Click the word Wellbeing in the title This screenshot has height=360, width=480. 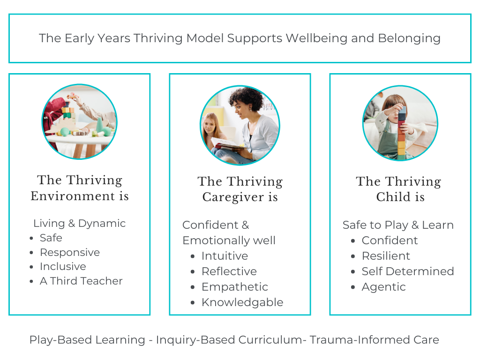tap(316, 38)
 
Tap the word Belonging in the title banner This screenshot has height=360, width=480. tap(409, 38)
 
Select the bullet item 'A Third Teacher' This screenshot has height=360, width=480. tap(81, 281)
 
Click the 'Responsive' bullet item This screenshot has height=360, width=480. tap(70, 253)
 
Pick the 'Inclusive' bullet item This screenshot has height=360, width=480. tap(63, 266)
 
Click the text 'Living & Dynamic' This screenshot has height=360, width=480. tap(79, 224)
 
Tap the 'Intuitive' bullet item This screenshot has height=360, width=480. tap(225, 255)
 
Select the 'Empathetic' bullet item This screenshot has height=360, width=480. tap(234, 287)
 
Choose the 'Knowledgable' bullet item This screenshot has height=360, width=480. tap(242, 302)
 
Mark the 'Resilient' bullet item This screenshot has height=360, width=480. tap(386, 255)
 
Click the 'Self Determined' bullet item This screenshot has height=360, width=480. tap(408, 271)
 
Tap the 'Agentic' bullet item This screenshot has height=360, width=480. tap(383, 287)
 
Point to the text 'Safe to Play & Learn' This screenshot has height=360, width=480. tap(398, 225)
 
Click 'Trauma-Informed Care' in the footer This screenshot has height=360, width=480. tap(374, 340)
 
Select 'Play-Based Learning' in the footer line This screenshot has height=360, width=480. tap(87, 340)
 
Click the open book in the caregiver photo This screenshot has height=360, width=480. tap(230, 144)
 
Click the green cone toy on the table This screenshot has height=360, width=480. tap(100, 125)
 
